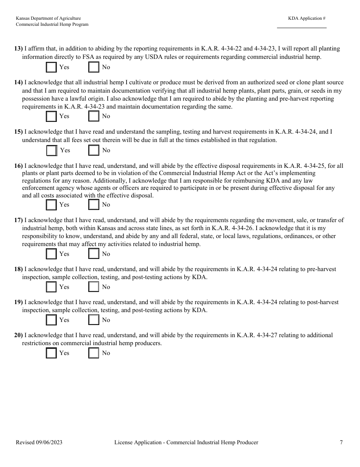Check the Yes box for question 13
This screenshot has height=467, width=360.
[x=51, y=67]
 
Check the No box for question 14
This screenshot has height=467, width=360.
[x=94, y=116]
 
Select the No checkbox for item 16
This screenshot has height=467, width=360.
[x=94, y=205]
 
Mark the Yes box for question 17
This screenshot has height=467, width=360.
[x=51, y=254]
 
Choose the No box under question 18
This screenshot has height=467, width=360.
[x=94, y=287]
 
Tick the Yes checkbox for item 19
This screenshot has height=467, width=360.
[x=51, y=320]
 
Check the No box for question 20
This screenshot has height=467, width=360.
[x=94, y=353]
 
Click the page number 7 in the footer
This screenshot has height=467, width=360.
[x=341, y=442]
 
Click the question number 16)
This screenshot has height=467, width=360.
[x=19, y=166]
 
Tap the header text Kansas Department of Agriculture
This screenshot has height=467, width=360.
[x=48, y=18]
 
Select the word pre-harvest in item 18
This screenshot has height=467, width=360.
[x=322, y=269]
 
